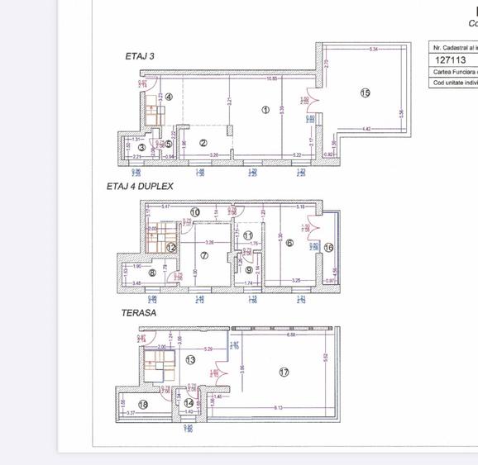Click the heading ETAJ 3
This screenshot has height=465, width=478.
[x=140, y=56]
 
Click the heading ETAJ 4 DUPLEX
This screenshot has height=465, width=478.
[x=139, y=187]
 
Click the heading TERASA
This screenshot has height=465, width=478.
[x=138, y=313]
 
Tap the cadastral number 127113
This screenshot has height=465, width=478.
[x=451, y=60]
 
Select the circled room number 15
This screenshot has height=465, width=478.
[x=366, y=93]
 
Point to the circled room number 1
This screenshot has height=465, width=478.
[x=265, y=109]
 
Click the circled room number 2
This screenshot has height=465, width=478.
[x=203, y=143]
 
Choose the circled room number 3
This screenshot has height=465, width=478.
[x=141, y=148]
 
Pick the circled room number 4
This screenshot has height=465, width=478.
[x=169, y=97]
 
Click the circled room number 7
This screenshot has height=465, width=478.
[x=204, y=255]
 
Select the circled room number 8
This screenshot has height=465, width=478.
[x=152, y=273]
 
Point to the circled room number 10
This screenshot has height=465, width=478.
[x=195, y=212]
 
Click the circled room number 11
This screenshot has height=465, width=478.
[x=248, y=235]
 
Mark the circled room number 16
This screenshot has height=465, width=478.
[x=328, y=247]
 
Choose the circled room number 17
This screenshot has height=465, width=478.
[x=284, y=372]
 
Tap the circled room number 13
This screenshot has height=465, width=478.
[x=191, y=360]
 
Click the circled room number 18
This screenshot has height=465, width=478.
[x=143, y=404]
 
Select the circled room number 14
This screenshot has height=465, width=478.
[x=189, y=403]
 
